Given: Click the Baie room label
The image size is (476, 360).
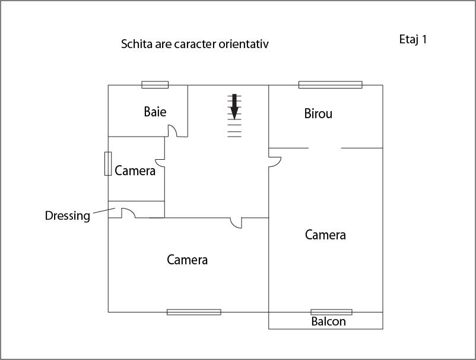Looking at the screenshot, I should coord(155,112).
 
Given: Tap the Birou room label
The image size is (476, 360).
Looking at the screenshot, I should coord(318,113).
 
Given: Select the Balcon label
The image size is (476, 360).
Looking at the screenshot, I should coord(328,322).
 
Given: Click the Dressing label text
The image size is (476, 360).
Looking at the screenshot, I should coord(68,216).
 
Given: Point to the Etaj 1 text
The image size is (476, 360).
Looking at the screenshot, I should coord(413,40).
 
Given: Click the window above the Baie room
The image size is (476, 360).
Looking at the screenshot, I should coord(155,84).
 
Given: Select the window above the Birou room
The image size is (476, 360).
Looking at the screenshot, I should coord(330,84).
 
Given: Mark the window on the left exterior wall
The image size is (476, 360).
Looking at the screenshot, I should coord(108,163).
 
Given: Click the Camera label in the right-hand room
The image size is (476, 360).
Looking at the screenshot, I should coord(325,235).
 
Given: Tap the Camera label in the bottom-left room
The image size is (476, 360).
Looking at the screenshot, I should coord(188,260).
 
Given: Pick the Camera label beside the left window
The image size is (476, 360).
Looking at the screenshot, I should coord(135,171).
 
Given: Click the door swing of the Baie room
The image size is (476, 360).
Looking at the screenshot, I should coord(172,131).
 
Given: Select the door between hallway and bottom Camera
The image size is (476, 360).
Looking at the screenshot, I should coord(237,222).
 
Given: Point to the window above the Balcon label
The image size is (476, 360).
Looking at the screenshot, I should coord(331,312).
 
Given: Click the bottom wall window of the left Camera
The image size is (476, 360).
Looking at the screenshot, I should coord(193,312).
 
